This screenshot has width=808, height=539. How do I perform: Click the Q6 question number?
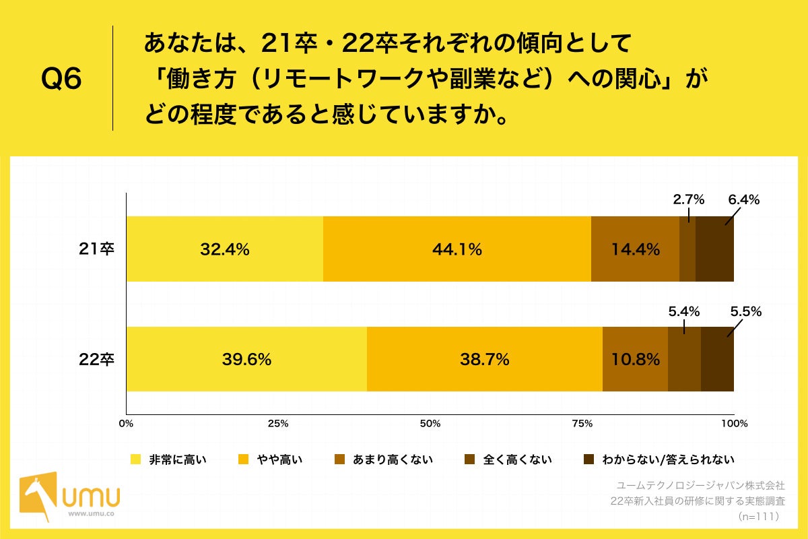[61, 79]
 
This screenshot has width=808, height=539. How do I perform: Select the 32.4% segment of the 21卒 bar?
[225, 249]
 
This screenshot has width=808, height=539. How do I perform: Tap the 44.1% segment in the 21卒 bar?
[457, 249]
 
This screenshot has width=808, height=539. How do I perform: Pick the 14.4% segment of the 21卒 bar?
[635, 249]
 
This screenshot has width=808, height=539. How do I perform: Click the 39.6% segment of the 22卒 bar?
[246, 359]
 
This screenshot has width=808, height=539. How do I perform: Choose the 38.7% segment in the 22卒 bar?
[484, 359]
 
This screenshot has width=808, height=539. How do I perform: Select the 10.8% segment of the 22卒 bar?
[635, 359]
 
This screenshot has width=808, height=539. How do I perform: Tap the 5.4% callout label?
[683, 311]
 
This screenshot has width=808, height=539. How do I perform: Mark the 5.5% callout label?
[745, 311]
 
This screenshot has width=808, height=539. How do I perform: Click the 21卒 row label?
[97, 249]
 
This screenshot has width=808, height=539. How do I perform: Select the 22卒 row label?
[97, 359]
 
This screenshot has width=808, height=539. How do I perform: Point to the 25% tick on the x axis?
[278, 424]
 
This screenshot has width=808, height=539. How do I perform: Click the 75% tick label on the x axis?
[582, 424]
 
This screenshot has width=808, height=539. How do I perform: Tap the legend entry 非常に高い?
[168, 459]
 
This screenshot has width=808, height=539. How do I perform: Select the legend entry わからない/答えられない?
[659, 459]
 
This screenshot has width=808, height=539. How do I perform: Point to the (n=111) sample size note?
[758, 516]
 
